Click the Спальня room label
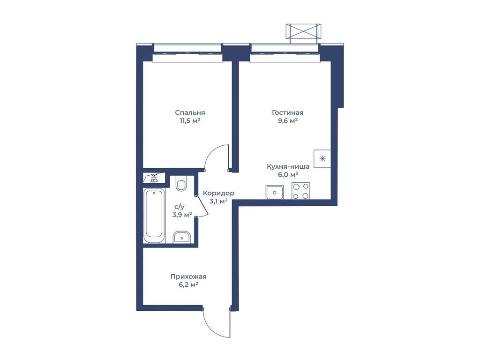[190, 112]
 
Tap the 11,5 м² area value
[190, 120]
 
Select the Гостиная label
[288, 112]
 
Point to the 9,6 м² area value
[288, 120]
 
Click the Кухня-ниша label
[288, 166]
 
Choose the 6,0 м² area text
[288, 175]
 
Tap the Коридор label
[218, 193]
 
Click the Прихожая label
[188, 277]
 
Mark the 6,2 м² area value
[188, 285]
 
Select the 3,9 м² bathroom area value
[182, 215]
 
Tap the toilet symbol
[181, 184]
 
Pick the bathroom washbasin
[181, 237]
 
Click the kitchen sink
[275, 192]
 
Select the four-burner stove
[300, 191]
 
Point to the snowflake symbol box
[322, 158]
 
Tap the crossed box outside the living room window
[303, 31]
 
